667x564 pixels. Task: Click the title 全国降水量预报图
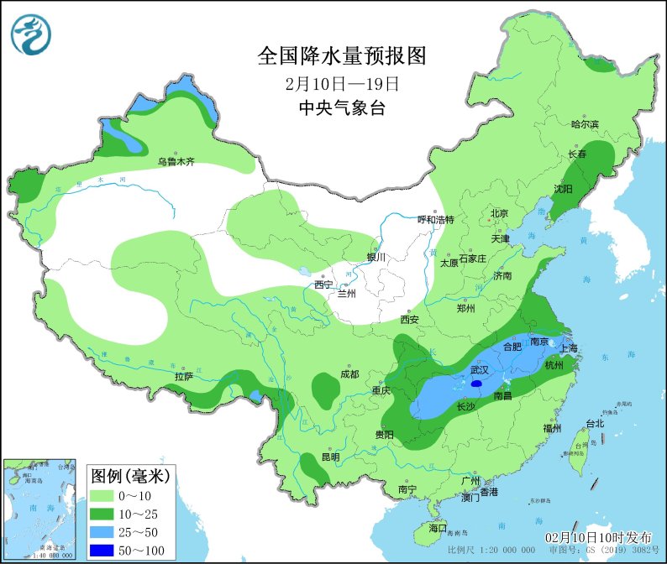(x=342, y=57)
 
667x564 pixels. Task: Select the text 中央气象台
(x=342, y=107)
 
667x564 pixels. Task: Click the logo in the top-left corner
(x=31, y=34)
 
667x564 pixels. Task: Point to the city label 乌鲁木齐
(x=176, y=162)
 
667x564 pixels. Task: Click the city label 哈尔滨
(x=585, y=124)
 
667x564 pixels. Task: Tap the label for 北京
(x=499, y=213)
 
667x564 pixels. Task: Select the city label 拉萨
(x=184, y=377)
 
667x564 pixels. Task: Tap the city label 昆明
(x=331, y=457)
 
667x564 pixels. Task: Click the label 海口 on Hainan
(x=437, y=528)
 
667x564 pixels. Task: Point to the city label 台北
(x=595, y=424)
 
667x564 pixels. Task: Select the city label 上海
(x=570, y=348)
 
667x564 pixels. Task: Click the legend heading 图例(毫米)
(x=130, y=476)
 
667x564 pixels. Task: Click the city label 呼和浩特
(x=436, y=219)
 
